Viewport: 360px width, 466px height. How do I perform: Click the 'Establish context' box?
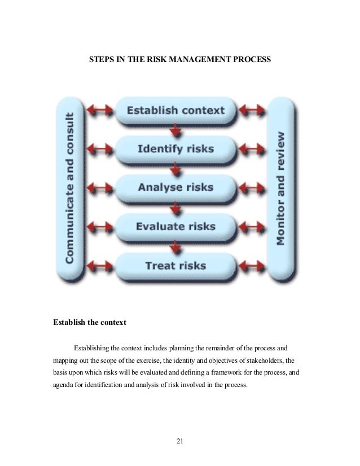175,111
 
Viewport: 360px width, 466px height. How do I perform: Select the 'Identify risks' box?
175,150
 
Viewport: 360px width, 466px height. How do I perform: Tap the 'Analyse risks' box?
175,188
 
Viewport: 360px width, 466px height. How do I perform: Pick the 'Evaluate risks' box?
175,227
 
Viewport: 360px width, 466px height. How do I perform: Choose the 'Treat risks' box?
175,265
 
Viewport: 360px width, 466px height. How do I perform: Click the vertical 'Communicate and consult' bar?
71,188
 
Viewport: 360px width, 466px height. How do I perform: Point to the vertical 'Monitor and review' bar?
281,188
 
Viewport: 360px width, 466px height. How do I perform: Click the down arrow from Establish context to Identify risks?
175,130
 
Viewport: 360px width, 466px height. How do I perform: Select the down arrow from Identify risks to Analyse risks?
175,169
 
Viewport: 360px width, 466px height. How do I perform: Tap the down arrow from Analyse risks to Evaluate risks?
175,208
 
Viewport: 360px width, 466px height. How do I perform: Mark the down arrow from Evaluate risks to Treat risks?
175,246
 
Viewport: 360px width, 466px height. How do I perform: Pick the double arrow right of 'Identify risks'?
252,150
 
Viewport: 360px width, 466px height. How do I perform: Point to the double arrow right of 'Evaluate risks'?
252,227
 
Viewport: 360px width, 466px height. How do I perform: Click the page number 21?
180,441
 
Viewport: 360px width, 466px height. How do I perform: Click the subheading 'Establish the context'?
90,323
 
